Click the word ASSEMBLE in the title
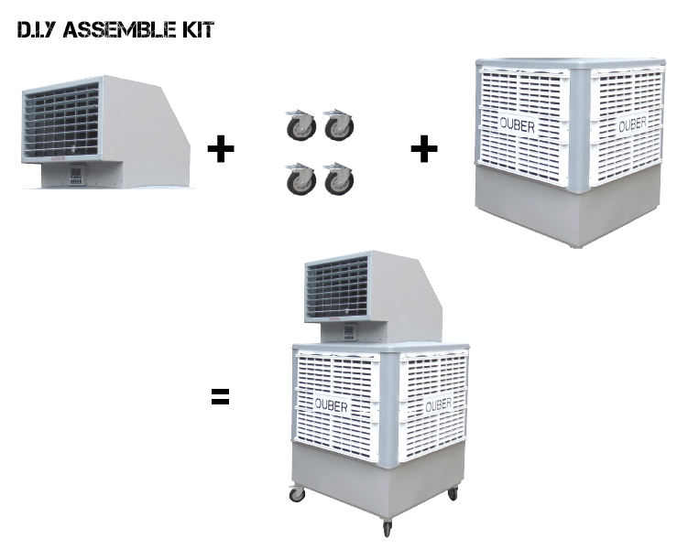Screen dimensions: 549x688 point(123,31)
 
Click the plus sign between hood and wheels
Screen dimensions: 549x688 point(220,148)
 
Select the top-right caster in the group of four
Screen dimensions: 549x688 point(339,126)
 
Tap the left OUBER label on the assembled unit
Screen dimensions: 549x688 point(332,404)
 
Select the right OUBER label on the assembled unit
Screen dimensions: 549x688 point(439,404)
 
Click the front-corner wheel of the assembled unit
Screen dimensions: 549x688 point(387,528)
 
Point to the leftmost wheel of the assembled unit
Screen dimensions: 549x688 point(297,495)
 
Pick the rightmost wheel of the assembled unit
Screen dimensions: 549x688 point(453,494)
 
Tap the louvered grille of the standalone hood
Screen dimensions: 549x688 point(60,122)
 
